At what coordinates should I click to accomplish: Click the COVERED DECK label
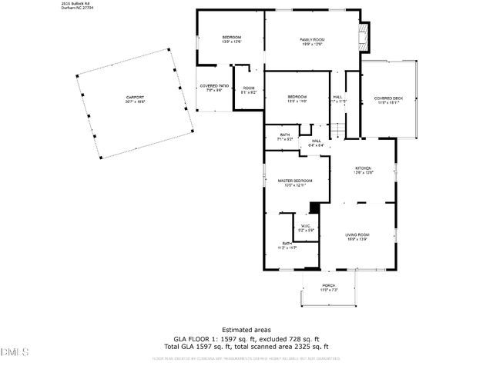388,98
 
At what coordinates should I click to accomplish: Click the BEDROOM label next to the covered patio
232,38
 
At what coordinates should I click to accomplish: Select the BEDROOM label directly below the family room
297,96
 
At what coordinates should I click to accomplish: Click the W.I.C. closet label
305,225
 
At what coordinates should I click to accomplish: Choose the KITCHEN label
363,168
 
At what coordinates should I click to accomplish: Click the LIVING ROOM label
357,234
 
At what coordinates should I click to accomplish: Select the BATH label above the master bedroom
285,135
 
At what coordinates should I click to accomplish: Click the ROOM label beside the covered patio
248,88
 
